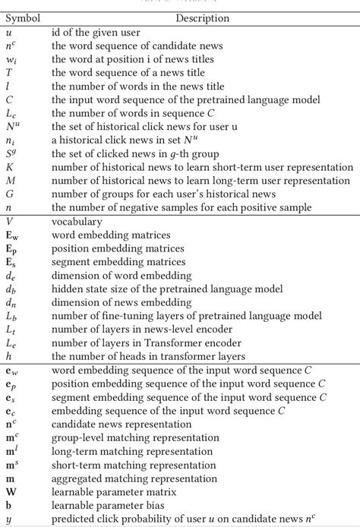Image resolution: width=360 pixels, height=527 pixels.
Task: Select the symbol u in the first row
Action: coord(8,32)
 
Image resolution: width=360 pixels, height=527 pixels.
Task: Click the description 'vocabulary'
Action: coord(77,222)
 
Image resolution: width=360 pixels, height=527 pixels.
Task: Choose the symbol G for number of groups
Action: coord(10,194)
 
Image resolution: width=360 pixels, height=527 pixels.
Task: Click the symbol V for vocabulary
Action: coord(9,222)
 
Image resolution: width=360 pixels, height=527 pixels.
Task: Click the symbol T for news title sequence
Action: coord(9,72)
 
